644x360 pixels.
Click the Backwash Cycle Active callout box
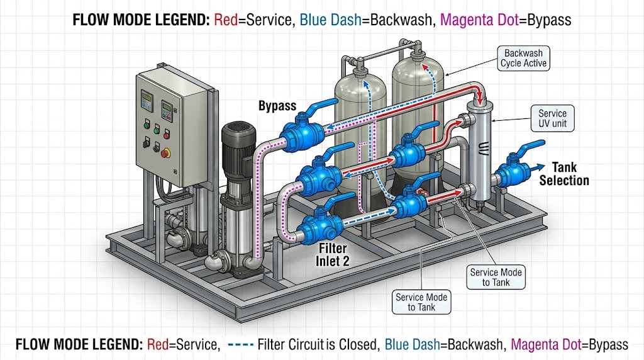tap(523, 58)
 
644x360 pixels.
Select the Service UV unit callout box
tap(552, 118)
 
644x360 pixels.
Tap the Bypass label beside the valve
tap(277, 106)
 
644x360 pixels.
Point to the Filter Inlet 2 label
tap(333, 256)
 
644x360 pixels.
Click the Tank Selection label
tap(564, 174)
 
